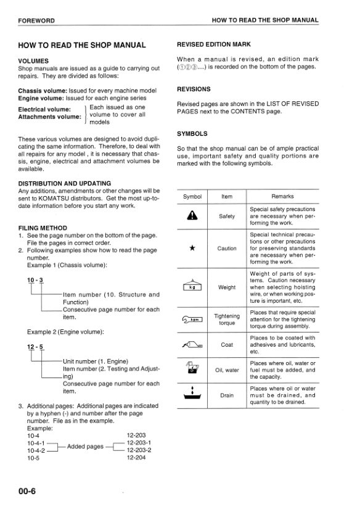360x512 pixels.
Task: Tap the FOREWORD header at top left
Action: pyautogui.click(x=36, y=20)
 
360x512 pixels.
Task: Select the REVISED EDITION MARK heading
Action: pyautogui.click(x=213, y=44)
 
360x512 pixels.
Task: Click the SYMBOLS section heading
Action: pyautogui.click(x=192, y=133)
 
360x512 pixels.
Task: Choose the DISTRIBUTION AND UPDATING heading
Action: pyautogui.click(x=65, y=183)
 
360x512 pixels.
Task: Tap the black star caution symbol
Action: pyautogui.click(x=192, y=248)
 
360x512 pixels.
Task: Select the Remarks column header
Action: pyautogui.click(x=282, y=197)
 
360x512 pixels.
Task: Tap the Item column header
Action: pyautogui.click(x=227, y=197)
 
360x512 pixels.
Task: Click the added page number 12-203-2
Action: pyautogui.click(x=139, y=450)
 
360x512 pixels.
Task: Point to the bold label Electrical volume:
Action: pyautogui.click(x=44, y=109)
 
